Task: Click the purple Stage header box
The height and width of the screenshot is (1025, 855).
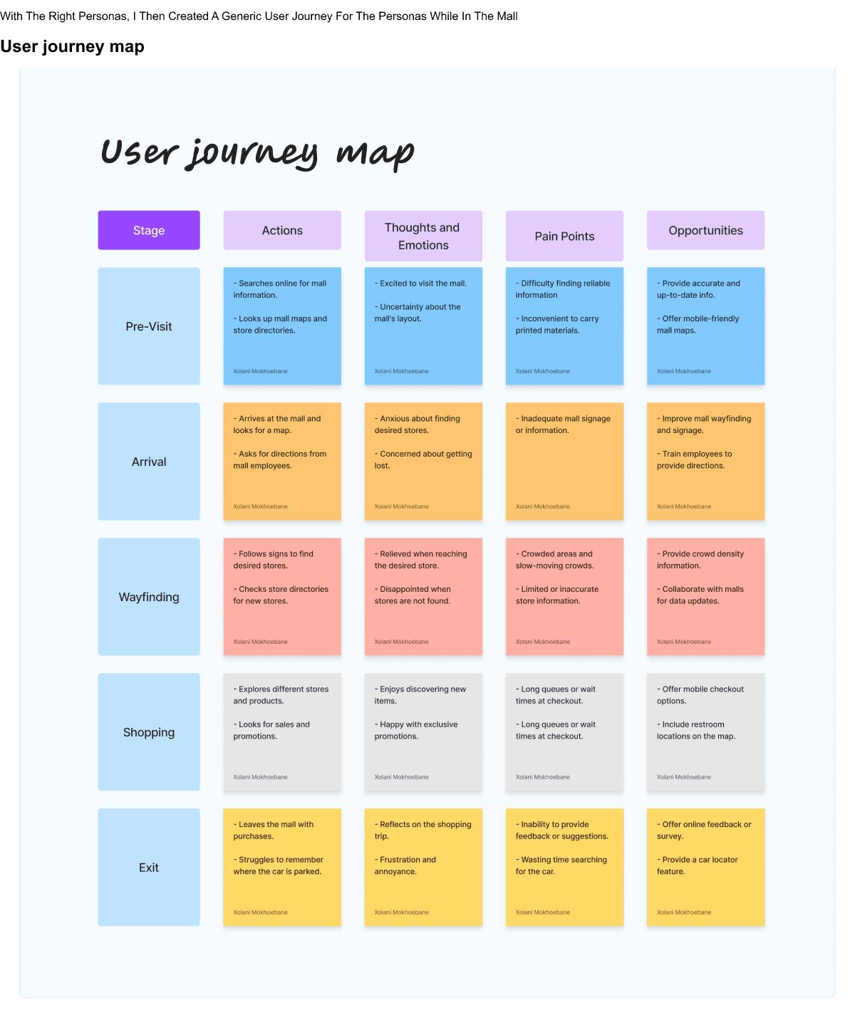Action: tap(149, 230)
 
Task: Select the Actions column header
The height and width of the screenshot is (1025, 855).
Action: tap(282, 230)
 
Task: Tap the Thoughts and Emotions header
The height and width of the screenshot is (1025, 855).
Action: tap(423, 236)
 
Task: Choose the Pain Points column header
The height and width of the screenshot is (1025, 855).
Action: tap(564, 236)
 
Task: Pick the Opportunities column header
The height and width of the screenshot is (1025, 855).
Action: tap(705, 230)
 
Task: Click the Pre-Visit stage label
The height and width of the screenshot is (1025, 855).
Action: tap(149, 326)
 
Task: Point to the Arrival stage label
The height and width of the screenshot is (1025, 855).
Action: tap(149, 462)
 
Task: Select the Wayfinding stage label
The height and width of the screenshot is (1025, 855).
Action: tap(149, 597)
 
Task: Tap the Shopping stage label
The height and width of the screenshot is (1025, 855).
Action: tap(149, 732)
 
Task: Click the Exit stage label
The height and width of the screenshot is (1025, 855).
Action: tap(149, 868)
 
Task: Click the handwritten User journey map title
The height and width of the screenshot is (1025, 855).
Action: tap(257, 152)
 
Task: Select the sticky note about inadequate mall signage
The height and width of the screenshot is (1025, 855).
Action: tap(564, 462)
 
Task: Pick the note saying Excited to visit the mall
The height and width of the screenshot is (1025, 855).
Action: tap(423, 326)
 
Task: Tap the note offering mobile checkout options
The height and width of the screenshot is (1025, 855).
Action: tap(705, 732)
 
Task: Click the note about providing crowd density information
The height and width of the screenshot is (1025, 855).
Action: tap(705, 597)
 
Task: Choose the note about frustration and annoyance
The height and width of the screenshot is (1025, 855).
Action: tap(423, 868)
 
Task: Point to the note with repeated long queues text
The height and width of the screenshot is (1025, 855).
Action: tap(564, 732)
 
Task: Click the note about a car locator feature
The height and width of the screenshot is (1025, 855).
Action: tap(705, 868)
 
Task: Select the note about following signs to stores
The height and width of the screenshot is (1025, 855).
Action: tap(282, 597)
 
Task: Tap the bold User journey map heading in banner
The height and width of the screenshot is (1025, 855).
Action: tap(72, 47)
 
